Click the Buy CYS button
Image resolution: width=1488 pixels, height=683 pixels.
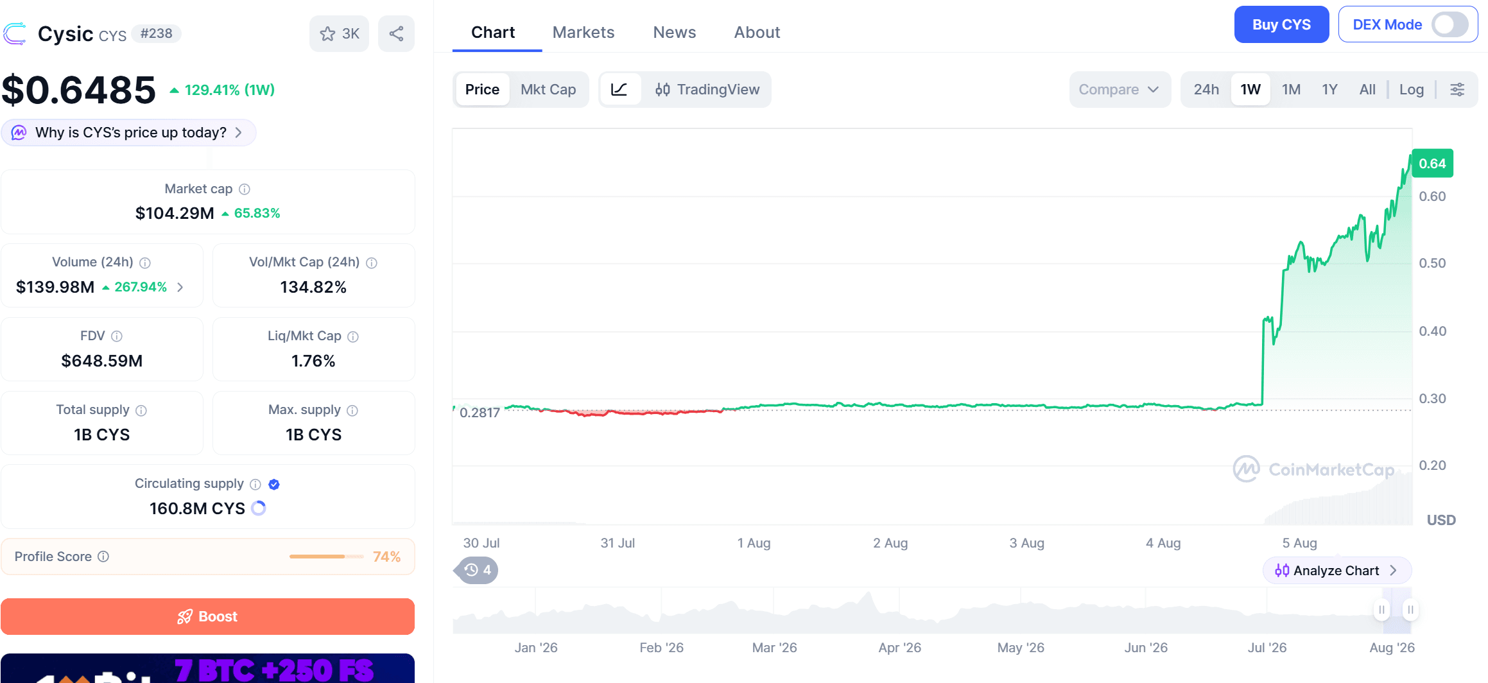[x=1281, y=24]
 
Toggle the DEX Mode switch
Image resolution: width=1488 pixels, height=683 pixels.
[x=1449, y=25]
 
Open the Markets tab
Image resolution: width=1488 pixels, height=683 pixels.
[x=583, y=32]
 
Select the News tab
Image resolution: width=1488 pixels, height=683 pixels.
[x=674, y=32]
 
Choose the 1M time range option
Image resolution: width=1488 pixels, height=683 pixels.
[x=1291, y=89]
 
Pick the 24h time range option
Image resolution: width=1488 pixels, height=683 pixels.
[x=1206, y=89]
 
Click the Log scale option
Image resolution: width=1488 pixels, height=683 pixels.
[x=1411, y=89]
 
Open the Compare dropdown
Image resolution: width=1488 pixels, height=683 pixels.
[x=1120, y=89]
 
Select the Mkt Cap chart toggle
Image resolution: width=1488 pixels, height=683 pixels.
[x=548, y=89]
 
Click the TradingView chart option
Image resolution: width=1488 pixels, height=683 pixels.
[x=707, y=89]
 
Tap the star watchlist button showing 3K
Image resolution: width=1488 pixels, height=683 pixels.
[x=339, y=33]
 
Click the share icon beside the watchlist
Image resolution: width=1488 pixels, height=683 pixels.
[x=396, y=33]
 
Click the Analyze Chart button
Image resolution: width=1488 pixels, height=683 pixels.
[x=1337, y=570]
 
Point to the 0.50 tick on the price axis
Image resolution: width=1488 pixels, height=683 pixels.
[x=1432, y=263]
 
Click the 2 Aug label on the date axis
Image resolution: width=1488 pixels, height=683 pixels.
[x=890, y=543]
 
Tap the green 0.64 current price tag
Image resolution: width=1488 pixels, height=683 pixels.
[x=1432, y=164]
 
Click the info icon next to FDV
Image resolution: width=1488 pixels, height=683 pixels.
[x=116, y=336]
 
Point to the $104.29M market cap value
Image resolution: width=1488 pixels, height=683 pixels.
[x=175, y=213]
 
